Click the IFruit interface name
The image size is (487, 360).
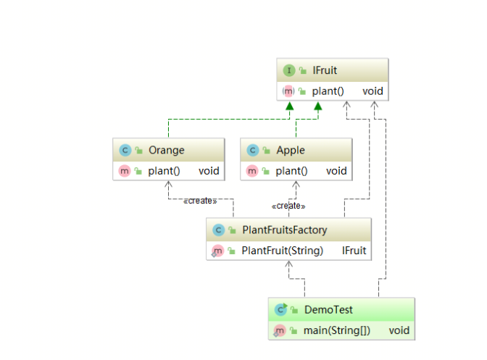click(324, 70)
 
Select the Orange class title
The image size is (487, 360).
click(166, 150)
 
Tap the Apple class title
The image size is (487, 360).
click(290, 150)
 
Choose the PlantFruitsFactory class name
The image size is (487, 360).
click(284, 230)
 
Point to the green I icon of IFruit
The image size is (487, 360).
click(289, 70)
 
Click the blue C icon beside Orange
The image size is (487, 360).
click(125, 151)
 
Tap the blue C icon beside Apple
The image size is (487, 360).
click(252, 151)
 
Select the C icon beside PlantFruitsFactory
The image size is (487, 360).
click(217, 230)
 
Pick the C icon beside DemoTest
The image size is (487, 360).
click(280, 310)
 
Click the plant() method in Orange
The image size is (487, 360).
click(164, 171)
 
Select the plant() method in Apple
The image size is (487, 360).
click(291, 171)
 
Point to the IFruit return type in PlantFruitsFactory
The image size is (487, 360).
click(354, 251)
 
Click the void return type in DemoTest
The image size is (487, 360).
click(399, 330)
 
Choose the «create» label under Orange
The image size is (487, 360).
click(200, 200)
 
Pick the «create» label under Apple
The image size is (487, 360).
click(289, 206)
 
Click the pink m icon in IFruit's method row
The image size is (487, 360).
click(288, 91)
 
